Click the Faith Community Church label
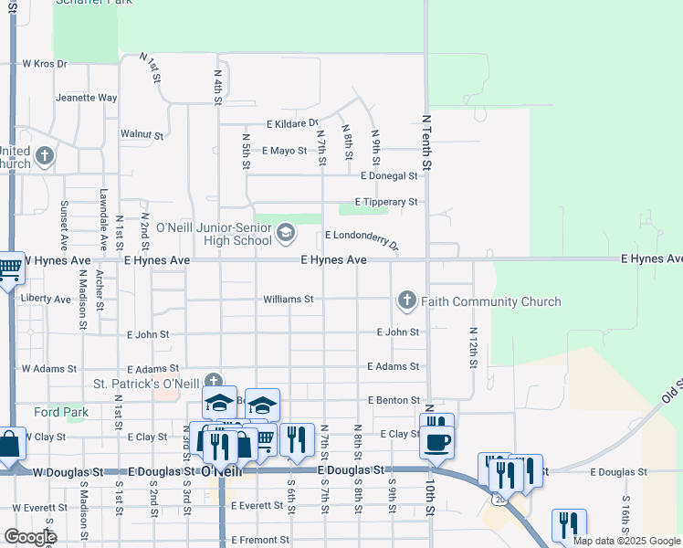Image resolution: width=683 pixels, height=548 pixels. point(490,301)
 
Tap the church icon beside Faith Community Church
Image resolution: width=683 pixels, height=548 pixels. point(406,300)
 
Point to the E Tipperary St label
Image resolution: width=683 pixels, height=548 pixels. point(385,202)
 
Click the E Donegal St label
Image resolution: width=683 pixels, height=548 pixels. point(389,175)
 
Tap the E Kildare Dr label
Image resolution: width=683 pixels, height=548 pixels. point(292,123)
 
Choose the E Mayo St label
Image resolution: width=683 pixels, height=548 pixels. point(284,150)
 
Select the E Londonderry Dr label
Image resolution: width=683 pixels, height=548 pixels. point(363,238)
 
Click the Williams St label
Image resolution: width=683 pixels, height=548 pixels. point(289,299)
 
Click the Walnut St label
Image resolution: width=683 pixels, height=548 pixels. point(142,134)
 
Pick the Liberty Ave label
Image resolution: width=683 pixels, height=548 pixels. point(46,299)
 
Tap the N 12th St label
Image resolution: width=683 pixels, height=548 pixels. point(473,348)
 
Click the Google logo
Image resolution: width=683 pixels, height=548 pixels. point(29,537)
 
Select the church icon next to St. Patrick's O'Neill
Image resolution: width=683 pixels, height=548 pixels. point(213,381)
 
